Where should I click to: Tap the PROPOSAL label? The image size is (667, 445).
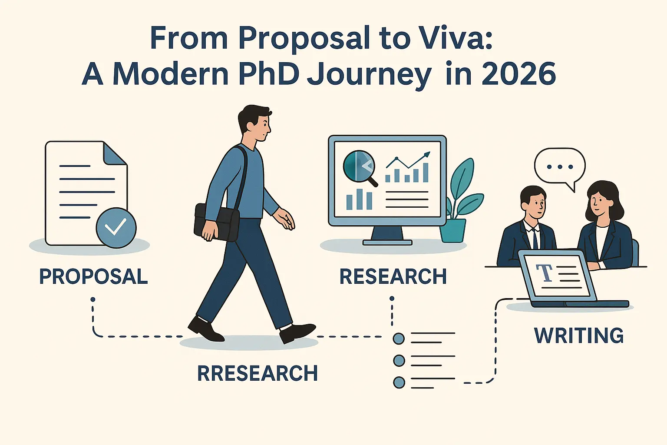(x=93, y=277)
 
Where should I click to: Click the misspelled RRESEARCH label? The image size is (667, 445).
(x=258, y=373)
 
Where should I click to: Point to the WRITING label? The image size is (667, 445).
(x=578, y=335)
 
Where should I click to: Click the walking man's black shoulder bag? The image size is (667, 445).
(x=217, y=222)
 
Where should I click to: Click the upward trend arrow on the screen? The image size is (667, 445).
(x=408, y=161)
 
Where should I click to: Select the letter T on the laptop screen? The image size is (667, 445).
(x=544, y=272)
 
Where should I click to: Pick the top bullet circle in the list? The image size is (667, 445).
(x=399, y=338)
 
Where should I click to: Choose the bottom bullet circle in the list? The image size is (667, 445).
(x=399, y=382)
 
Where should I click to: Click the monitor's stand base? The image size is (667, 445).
(x=387, y=242)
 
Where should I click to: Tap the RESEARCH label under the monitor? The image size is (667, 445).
(x=393, y=277)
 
